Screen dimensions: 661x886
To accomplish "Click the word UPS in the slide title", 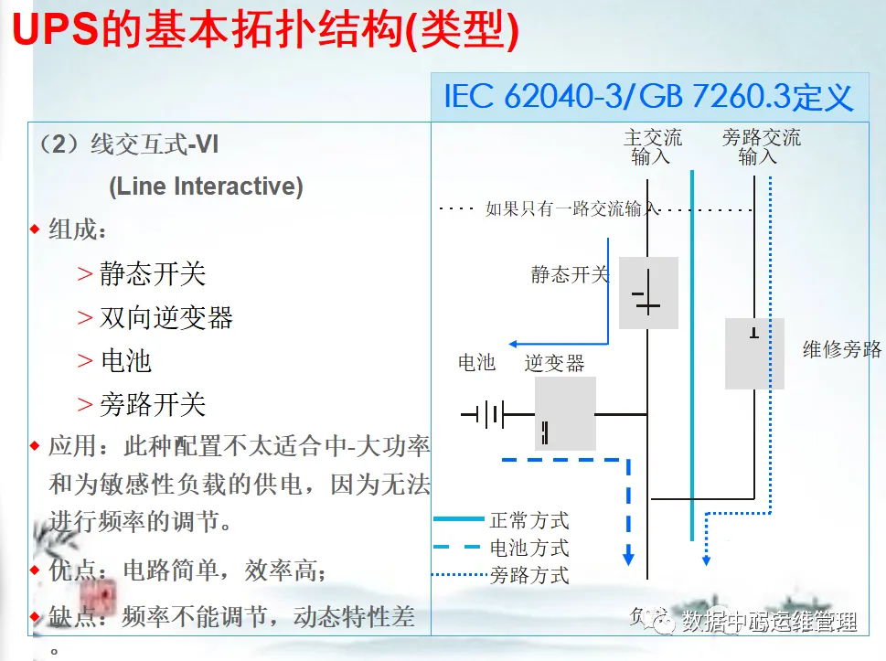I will click(x=57, y=30).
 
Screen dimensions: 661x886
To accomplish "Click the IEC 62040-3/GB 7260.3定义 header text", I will click(x=648, y=96).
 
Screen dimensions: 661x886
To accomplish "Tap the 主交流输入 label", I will click(x=652, y=147).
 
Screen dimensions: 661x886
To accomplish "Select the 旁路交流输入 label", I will click(x=760, y=147).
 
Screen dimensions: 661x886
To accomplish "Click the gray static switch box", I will click(x=648, y=293).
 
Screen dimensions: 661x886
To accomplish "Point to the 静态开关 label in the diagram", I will click(x=570, y=273).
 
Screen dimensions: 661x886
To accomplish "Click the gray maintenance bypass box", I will click(x=754, y=353).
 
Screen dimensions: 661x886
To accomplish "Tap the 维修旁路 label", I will click(x=841, y=348).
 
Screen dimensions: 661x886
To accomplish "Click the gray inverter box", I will click(x=565, y=413).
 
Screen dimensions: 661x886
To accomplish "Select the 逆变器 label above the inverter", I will click(x=554, y=363).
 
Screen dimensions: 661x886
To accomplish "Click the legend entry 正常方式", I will click(x=529, y=521).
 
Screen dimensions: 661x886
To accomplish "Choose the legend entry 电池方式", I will click(x=529, y=548).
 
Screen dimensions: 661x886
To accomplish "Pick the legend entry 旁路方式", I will click(x=529, y=575).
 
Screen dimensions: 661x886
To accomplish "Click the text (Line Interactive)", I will click(x=206, y=187).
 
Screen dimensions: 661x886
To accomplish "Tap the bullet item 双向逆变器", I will click(x=166, y=318).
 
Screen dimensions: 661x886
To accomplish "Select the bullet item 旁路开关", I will click(x=153, y=404).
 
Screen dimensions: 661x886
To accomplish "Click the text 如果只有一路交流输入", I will click(x=571, y=208).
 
